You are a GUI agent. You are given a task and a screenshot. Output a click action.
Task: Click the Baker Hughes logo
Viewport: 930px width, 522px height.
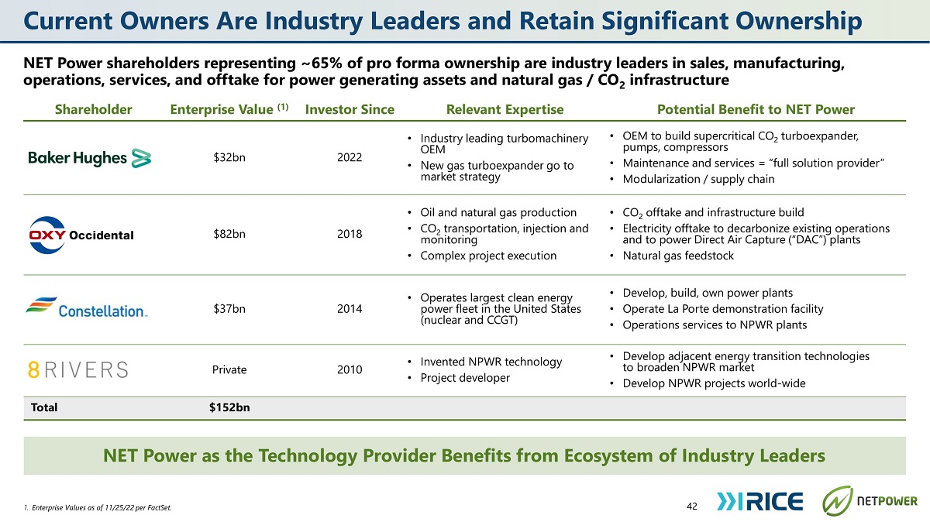90,158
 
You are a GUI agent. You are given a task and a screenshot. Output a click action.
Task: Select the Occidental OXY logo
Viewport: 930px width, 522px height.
81,235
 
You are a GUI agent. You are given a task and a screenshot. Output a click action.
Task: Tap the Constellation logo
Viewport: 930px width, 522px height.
86,307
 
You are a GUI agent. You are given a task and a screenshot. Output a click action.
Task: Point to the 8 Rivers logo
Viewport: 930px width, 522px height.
78,369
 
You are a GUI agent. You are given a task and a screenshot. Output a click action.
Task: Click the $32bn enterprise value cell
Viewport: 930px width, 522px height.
229,158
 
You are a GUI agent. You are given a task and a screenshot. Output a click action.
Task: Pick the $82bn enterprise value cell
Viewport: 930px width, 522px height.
229,234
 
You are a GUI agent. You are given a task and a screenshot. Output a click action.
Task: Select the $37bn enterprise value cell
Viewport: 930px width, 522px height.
229,309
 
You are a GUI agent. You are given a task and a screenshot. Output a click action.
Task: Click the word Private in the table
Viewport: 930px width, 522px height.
229,369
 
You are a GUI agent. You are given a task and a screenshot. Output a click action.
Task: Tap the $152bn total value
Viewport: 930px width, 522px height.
229,407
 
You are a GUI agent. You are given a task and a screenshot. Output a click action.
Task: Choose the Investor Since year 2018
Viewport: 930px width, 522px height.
350,234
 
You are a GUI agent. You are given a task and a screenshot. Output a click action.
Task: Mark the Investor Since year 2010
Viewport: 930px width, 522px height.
350,369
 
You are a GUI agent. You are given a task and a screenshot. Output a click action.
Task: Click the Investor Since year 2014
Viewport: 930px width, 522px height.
350,309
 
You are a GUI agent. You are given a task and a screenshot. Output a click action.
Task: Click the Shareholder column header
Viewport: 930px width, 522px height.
94,109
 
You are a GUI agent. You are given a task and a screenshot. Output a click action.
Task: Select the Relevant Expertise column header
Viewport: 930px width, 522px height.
505,109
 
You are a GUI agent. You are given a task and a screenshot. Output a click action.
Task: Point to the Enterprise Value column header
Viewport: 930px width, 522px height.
229,109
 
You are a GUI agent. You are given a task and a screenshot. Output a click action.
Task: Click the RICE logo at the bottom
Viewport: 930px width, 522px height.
759,501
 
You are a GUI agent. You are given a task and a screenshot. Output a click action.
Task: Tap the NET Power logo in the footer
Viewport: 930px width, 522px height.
870,501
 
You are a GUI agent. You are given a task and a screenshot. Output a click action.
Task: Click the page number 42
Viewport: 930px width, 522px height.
692,506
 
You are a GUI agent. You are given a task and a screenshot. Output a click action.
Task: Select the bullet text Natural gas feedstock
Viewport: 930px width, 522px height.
678,256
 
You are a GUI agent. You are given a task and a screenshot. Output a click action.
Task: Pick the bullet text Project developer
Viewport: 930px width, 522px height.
465,378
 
